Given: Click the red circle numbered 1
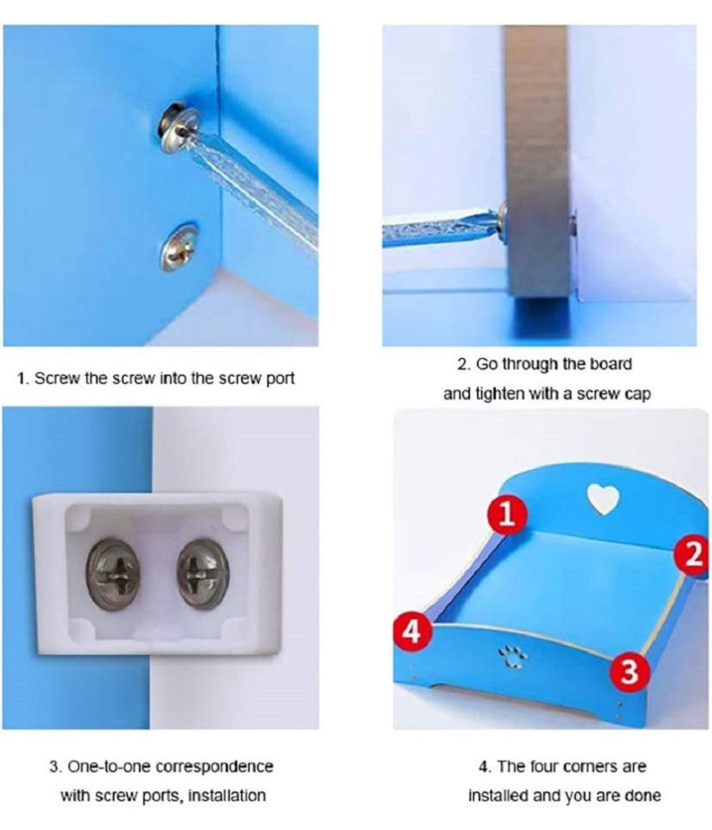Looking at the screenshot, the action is click(x=508, y=514).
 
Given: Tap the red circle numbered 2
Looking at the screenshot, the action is click(x=693, y=556).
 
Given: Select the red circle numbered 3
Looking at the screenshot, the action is click(x=630, y=672).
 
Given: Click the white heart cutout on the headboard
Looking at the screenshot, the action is click(x=604, y=499).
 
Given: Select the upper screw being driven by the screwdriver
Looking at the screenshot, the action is click(x=178, y=127).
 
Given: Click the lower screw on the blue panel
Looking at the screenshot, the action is click(x=179, y=247).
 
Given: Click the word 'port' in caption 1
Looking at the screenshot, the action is click(x=280, y=379).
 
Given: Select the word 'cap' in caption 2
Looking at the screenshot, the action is click(x=637, y=394).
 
